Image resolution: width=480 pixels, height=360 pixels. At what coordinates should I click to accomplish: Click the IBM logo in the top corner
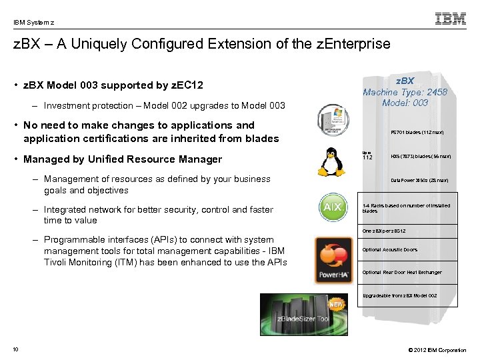point(451,19)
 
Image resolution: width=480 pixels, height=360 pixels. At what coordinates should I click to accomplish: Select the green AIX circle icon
point(333,207)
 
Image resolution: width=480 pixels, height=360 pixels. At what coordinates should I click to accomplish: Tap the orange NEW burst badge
point(336,305)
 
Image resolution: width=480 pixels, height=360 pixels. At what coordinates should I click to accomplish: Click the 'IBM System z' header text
point(33,21)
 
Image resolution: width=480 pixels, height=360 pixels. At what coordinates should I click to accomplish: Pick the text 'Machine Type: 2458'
point(405,92)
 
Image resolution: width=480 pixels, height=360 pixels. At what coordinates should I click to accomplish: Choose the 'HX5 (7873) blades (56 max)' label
point(421,157)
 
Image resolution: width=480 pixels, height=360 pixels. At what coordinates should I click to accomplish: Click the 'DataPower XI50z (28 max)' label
point(419,181)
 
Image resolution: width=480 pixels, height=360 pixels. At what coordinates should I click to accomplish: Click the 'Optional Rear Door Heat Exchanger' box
point(401,272)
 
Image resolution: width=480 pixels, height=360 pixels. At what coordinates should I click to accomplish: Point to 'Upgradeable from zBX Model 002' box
point(399,295)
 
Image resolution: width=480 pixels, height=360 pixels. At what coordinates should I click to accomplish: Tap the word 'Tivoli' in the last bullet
point(57,262)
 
